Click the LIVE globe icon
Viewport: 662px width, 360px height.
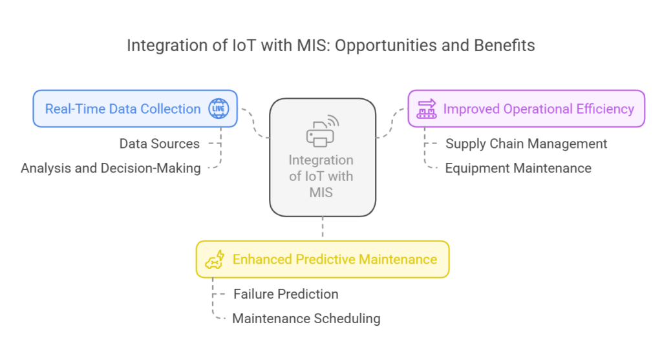[x=219, y=109]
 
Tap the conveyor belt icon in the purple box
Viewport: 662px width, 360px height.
[x=427, y=109]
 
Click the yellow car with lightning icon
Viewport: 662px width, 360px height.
[x=215, y=259]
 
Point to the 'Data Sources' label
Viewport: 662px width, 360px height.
[x=160, y=143]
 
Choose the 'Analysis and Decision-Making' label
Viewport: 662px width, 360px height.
[x=111, y=168]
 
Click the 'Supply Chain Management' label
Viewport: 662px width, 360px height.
[x=526, y=143]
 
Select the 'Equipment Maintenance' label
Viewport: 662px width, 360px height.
[x=518, y=168]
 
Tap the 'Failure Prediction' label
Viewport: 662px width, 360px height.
[x=286, y=293]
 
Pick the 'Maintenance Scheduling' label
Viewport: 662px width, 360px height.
[x=306, y=318]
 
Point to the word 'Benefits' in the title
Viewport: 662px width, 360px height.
[x=504, y=45]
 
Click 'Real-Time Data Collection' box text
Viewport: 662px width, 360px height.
[x=123, y=109]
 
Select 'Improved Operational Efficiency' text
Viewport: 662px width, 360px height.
[x=539, y=109]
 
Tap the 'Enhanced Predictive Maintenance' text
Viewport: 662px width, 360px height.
[x=335, y=259]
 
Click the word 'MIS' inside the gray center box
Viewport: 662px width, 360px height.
[x=321, y=193]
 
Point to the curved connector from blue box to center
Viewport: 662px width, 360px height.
[x=254, y=123]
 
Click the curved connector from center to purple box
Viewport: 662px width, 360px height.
[x=391, y=123]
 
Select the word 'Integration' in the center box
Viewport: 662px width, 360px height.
[x=321, y=160]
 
